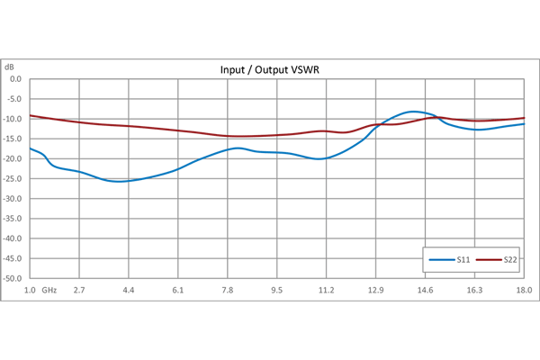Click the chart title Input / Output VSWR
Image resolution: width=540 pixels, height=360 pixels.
click(x=269, y=69)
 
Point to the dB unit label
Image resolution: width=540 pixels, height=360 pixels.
click(x=10, y=67)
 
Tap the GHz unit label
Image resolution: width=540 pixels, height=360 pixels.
click(x=49, y=291)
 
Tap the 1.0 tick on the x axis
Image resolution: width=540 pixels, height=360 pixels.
click(x=30, y=291)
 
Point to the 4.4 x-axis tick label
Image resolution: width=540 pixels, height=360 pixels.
click(x=129, y=291)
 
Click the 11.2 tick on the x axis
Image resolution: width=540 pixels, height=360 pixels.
click(x=327, y=291)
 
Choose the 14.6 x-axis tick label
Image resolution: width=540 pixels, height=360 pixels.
click(x=426, y=291)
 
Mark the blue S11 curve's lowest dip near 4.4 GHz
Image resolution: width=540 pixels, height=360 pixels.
click(x=121, y=182)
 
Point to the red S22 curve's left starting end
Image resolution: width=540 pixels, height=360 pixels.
click(x=30, y=115)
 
